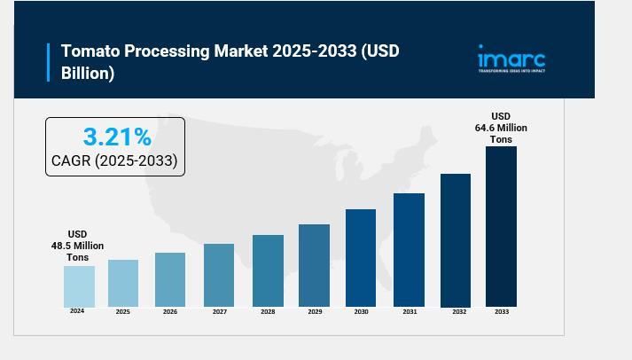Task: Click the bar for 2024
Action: (79, 286)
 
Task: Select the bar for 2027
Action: (218, 275)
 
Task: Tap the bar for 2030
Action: (361, 258)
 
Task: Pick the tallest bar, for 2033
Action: (501, 227)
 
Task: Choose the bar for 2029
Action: (314, 265)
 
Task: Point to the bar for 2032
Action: (456, 240)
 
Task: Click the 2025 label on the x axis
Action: (122, 312)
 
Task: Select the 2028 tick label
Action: (268, 312)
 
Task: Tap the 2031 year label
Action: (410, 312)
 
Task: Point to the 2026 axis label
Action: (170, 312)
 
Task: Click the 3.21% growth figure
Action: (117, 137)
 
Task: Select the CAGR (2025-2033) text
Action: (114, 161)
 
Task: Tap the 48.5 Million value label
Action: (77, 246)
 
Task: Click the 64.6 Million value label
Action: (501, 128)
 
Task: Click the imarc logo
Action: (511, 59)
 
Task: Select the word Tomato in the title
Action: (90, 51)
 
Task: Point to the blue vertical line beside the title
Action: (48, 62)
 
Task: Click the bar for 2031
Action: (409, 250)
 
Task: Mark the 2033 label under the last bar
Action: (502, 312)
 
